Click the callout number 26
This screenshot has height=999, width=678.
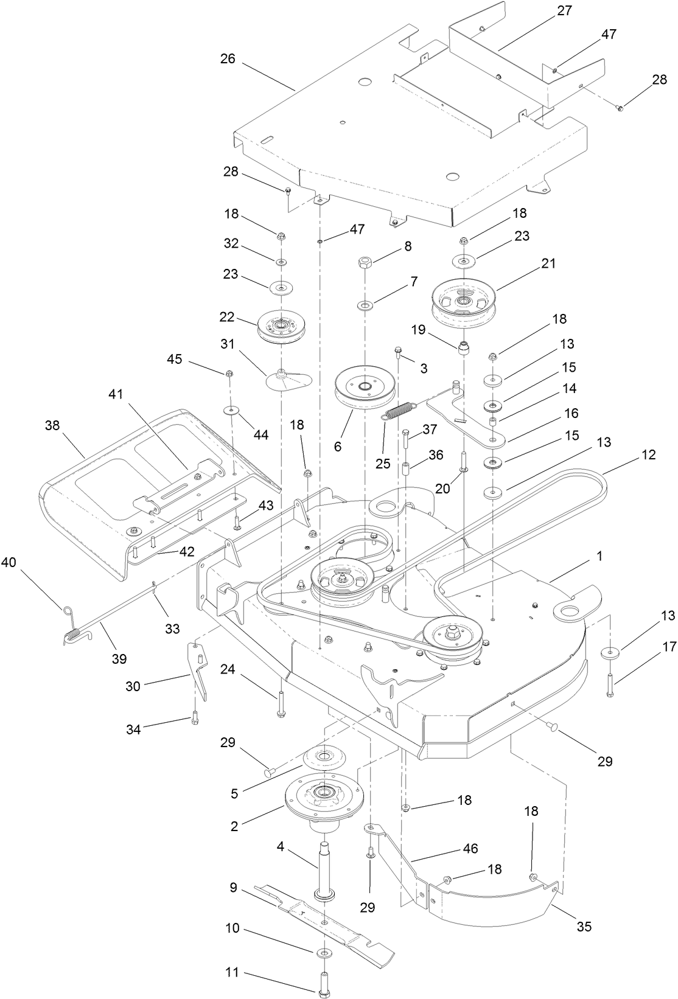point(228,60)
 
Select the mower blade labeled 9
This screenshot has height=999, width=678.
point(328,924)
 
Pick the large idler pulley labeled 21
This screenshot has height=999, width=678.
point(465,302)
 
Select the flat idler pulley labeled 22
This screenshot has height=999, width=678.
point(281,327)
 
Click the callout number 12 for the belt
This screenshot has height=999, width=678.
point(648,454)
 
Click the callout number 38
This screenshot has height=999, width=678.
point(53,425)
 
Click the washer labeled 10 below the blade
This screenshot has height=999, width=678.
point(324,952)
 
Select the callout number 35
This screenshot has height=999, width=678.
point(583,927)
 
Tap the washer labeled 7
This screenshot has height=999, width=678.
point(365,303)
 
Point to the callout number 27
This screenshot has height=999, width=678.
point(565,10)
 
